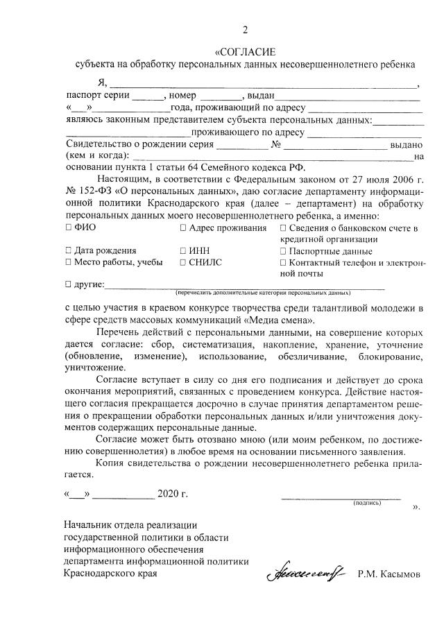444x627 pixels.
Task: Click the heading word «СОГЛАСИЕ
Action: point(245,52)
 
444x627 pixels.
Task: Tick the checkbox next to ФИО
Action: point(67,228)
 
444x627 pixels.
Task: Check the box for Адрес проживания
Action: point(182,228)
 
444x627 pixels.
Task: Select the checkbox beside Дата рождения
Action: point(67,250)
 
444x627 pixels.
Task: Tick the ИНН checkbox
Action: point(182,250)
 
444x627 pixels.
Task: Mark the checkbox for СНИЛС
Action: point(182,262)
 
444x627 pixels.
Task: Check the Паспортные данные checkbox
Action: point(282,250)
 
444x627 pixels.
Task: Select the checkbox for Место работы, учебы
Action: point(67,262)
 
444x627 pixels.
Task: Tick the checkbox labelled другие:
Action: point(67,284)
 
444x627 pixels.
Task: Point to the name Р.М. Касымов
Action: point(389,574)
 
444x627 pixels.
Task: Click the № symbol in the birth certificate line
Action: point(275,144)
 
